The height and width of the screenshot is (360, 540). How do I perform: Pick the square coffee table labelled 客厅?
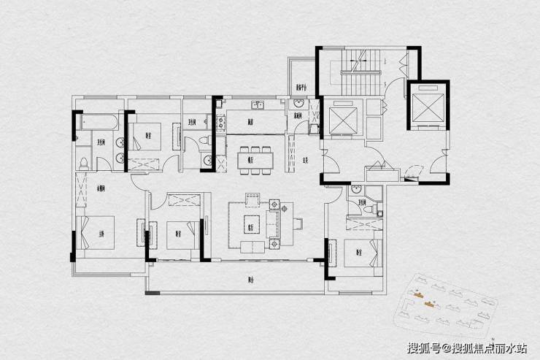point(252,223)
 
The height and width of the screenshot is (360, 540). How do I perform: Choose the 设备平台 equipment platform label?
point(301,86)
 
